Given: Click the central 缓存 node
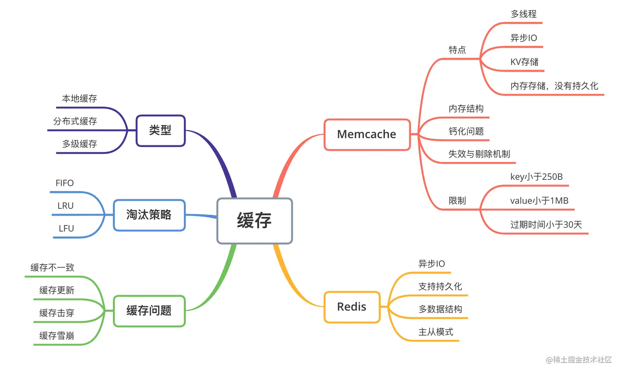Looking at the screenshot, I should [254, 221].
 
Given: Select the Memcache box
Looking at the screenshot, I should [367, 135].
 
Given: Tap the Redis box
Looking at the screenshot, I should [352, 307].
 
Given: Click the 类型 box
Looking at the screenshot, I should [160, 130].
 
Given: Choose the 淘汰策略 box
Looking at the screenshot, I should [149, 215].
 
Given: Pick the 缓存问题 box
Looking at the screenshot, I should [149, 311].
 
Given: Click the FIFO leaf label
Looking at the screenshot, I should [65, 183].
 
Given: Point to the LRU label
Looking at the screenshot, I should [65, 206].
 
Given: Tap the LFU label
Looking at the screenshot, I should [66, 228].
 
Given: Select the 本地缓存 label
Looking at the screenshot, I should [79, 99].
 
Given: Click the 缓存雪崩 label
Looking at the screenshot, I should [57, 336].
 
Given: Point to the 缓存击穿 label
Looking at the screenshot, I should [57, 313].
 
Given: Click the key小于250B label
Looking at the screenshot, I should [536, 177].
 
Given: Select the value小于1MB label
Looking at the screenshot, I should [539, 201].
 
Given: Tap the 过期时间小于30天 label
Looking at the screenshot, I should [546, 225].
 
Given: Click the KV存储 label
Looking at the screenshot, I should [525, 62].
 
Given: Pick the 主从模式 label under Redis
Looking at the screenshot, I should [436, 332].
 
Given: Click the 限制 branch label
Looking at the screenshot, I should [457, 201].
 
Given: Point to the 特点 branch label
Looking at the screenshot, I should [457, 50].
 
